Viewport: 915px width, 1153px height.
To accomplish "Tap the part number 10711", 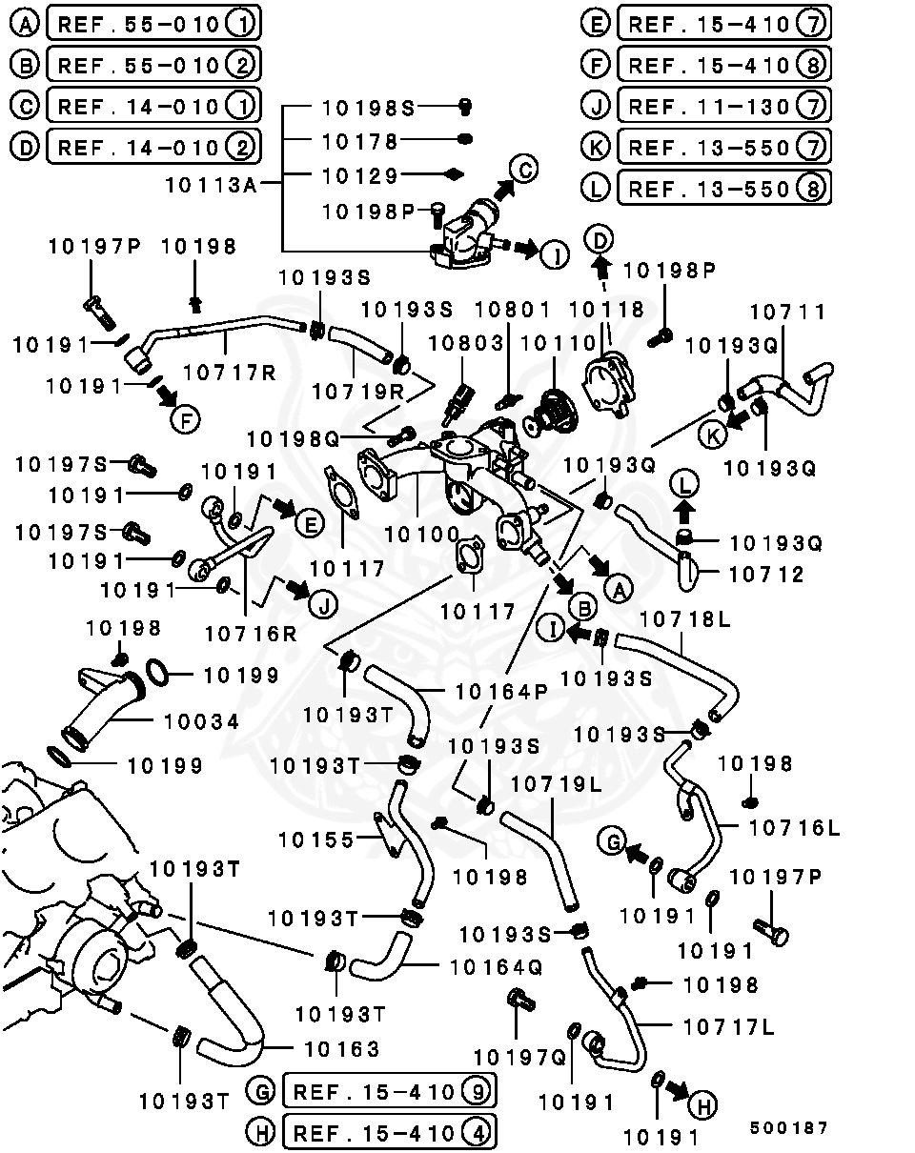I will (788, 313).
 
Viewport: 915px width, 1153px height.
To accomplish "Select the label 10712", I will (766, 575).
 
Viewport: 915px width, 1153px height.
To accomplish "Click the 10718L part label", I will (685, 619).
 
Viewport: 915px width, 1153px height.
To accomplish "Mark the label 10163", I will (341, 1049).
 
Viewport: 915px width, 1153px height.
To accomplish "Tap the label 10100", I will (424, 535).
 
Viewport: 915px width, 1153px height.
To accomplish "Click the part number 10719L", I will (557, 785).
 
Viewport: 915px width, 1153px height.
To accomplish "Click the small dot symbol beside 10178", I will (465, 140).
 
